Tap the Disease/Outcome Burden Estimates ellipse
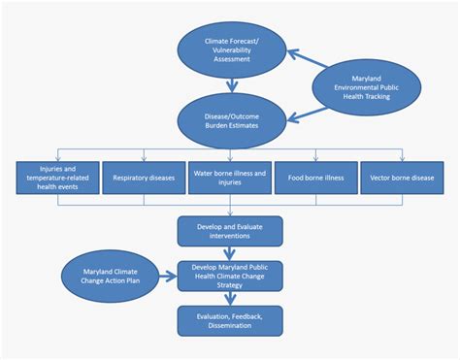(x=230, y=123)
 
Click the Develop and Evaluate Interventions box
(x=230, y=231)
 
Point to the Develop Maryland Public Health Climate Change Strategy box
(x=230, y=276)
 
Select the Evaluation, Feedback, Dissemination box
(x=230, y=320)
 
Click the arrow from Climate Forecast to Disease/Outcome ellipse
(x=230, y=87)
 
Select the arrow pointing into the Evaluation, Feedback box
(x=230, y=299)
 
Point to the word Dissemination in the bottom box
(x=230, y=326)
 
